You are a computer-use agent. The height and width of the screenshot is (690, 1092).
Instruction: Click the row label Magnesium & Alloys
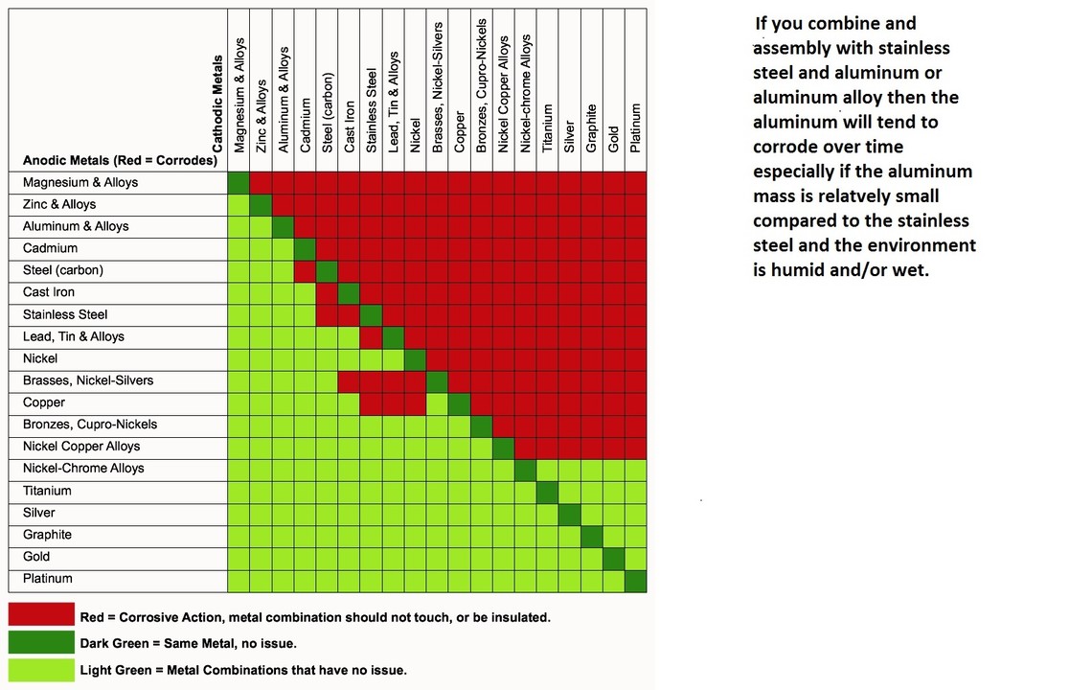[x=80, y=183]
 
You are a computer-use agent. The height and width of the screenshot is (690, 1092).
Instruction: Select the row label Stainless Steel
[x=65, y=315]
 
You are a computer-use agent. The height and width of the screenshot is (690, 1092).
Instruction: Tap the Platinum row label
[x=48, y=579]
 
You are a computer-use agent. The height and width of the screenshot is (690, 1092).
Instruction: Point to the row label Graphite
[x=48, y=535]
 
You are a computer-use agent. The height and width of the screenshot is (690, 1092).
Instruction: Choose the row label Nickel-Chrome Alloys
[x=83, y=469]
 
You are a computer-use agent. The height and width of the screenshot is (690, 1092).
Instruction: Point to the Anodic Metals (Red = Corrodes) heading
[x=120, y=161]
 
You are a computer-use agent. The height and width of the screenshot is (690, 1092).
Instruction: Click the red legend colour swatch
[x=41, y=615]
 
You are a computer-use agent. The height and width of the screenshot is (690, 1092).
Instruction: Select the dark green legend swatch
[x=41, y=642]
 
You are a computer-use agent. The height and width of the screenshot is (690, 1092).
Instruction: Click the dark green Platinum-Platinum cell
[x=635, y=580]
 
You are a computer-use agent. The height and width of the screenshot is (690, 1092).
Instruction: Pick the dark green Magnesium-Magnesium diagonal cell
[x=239, y=183]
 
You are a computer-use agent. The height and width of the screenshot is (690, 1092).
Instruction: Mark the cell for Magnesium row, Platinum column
[x=635, y=183]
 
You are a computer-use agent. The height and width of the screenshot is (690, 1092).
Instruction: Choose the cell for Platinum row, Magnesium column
[x=239, y=580]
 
